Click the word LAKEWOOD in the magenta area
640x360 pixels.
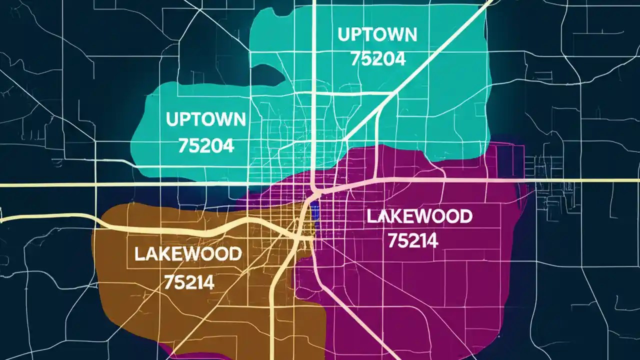click(x=419, y=217)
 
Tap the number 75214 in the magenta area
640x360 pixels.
click(x=412, y=241)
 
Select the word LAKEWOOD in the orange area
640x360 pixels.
click(x=187, y=254)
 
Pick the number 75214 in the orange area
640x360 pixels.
click(x=189, y=283)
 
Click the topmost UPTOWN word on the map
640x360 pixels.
click(x=377, y=35)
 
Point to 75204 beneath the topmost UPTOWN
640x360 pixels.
click(x=378, y=59)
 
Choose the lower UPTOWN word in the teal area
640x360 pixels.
click(x=205, y=119)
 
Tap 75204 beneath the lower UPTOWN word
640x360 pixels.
click(x=206, y=145)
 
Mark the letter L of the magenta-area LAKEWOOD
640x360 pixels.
click(x=371, y=217)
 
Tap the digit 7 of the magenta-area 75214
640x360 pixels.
click(x=392, y=241)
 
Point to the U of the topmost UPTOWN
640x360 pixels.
click(x=343, y=35)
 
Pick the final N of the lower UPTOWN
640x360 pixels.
click(x=239, y=119)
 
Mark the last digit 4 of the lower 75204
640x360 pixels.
click(x=228, y=145)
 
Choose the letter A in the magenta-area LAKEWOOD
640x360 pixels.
click(x=382, y=217)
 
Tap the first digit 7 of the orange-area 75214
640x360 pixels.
click(x=169, y=283)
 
